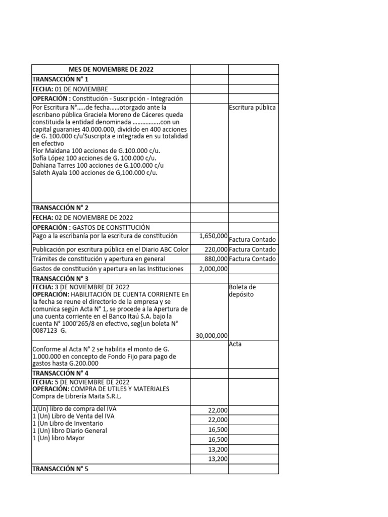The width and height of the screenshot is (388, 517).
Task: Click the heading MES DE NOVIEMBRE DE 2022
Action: tap(111, 70)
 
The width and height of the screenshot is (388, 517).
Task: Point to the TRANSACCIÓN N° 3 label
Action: tap(60, 279)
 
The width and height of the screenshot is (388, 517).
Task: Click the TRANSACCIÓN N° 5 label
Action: tap(60, 469)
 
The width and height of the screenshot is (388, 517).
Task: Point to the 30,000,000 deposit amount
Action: tap(211, 335)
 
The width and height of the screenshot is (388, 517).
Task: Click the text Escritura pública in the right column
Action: tap(252, 108)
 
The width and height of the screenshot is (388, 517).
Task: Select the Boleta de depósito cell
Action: tap(243, 291)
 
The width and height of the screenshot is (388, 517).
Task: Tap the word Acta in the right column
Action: tap(236, 344)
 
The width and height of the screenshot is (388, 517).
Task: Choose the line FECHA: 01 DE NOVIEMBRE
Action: tap(70, 89)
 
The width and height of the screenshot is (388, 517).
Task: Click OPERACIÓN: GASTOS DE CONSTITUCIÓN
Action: tap(91, 227)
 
